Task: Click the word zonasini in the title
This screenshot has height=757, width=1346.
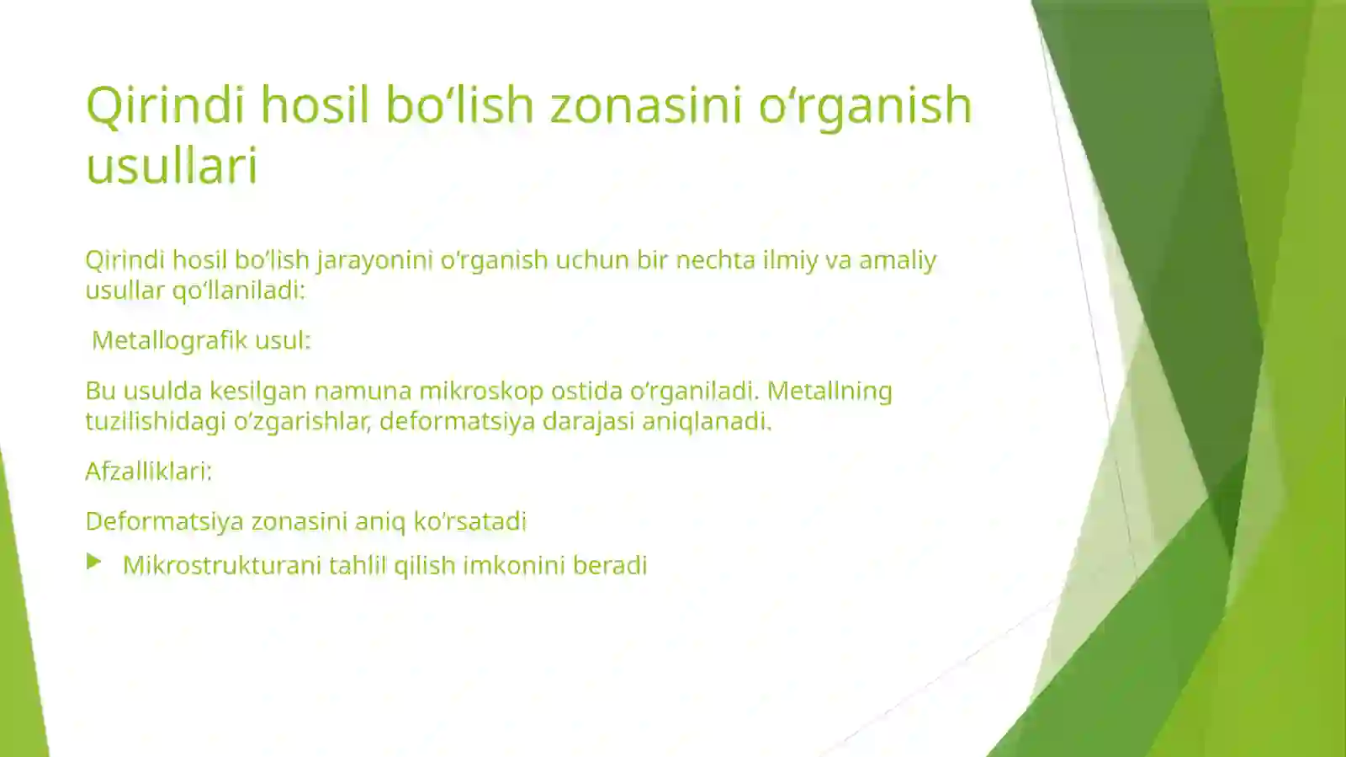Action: [x=645, y=105]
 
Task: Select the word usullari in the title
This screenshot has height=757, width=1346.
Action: [x=172, y=165]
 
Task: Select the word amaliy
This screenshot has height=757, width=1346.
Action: [x=897, y=260]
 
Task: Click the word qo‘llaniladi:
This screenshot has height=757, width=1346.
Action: [x=239, y=291]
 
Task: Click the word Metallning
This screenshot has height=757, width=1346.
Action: [x=829, y=391]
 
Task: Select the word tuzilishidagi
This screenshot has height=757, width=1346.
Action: [x=156, y=421]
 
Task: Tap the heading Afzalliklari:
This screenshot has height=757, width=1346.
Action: [x=149, y=472]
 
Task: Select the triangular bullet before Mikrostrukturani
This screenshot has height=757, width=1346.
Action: [x=94, y=562]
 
